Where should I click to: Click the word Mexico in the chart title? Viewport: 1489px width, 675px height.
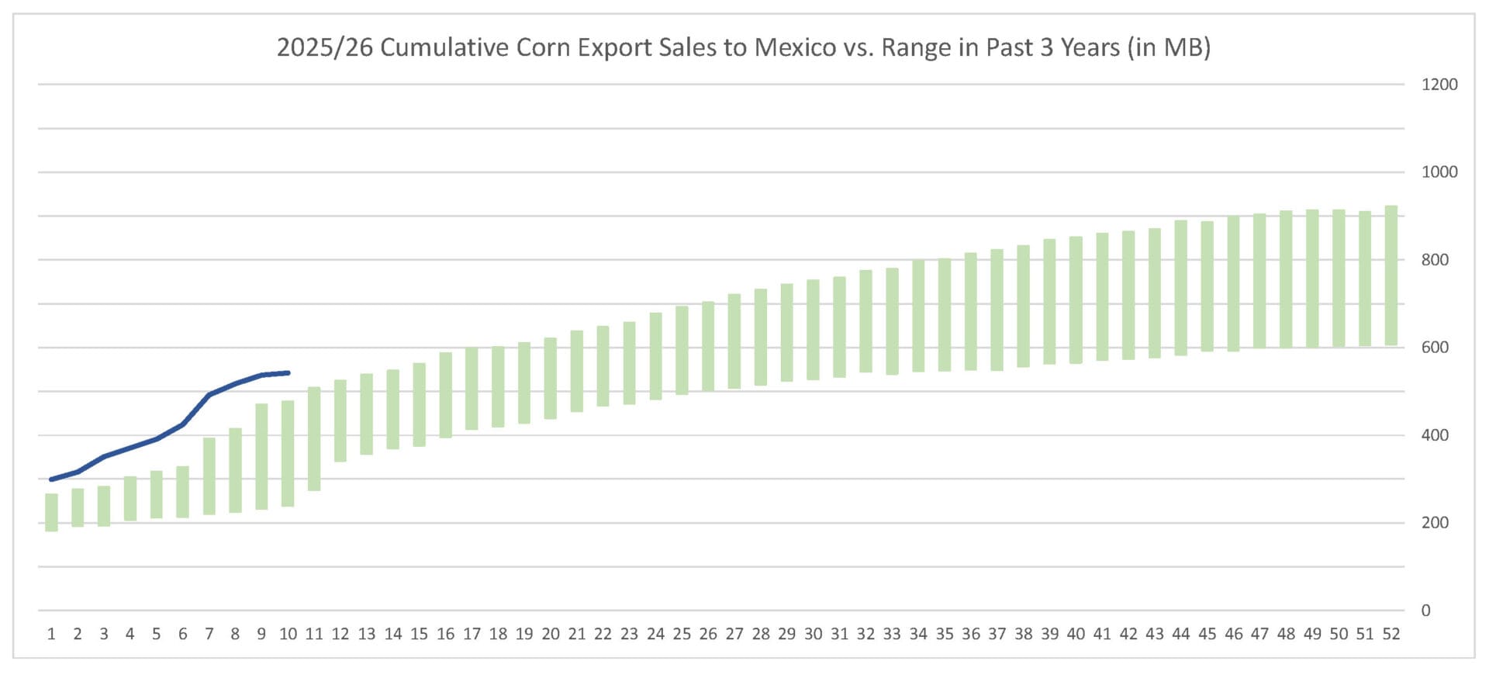click(795, 47)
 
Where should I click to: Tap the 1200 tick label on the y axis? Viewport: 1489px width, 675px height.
click(1439, 85)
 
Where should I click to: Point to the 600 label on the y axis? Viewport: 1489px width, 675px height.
click(1435, 348)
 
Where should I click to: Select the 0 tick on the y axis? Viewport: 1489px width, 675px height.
click(1425, 611)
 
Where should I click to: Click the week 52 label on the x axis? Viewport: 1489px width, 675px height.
click(1391, 634)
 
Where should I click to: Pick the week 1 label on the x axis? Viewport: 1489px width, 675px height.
click(51, 634)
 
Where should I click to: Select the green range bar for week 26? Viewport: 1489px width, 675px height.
click(708, 346)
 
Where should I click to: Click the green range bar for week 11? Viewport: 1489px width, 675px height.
click(314, 438)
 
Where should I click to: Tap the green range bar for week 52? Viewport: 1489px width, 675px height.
click(1391, 275)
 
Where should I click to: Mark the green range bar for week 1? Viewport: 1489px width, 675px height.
click(51, 512)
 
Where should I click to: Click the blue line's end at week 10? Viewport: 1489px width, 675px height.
click(288, 373)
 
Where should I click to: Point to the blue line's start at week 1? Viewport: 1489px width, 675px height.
click(51, 479)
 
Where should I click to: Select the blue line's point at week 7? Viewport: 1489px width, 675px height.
click(209, 395)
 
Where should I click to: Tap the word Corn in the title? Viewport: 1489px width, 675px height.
click(544, 47)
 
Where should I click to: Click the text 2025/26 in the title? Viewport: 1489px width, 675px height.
click(324, 47)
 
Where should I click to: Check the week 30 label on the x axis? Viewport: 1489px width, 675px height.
click(813, 634)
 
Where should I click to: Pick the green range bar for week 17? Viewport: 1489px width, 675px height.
click(472, 388)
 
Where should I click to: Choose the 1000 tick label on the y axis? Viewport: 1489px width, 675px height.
click(1439, 172)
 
